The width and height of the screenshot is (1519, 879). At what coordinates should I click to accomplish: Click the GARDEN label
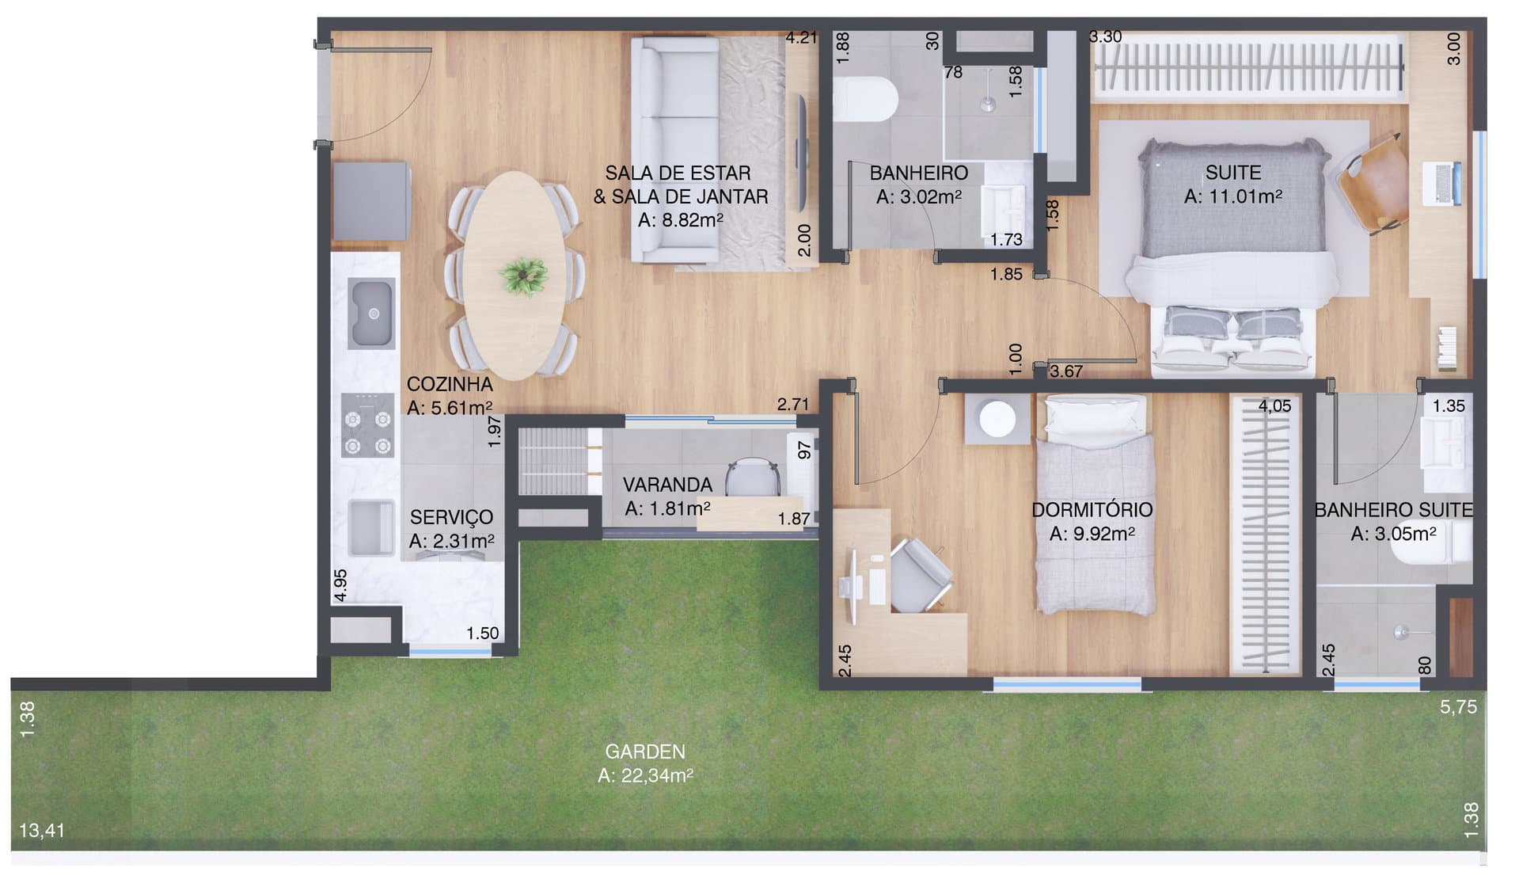[645, 751]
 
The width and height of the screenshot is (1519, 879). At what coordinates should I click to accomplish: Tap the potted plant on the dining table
[523, 276]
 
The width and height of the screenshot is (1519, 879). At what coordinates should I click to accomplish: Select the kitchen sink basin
[372, 314]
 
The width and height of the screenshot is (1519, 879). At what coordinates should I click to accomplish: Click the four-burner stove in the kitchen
[368, 425]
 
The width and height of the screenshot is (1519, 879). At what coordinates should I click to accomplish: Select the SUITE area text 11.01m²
[1232, 196]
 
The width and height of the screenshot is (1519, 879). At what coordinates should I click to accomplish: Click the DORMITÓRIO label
[1092, 510]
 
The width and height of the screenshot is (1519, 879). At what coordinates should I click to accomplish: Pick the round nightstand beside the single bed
[997, 420]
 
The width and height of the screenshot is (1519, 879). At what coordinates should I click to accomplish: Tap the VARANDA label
[667, 485]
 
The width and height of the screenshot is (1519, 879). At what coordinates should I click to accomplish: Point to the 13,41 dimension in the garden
[42, 831]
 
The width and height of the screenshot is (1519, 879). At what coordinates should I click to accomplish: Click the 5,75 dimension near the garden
[1458, 707]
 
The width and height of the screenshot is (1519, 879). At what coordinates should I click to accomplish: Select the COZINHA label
[450, 384]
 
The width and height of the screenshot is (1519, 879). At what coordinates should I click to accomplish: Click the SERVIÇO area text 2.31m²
[452, 541]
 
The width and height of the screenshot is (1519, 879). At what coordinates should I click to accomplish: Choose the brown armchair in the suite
[1372, 185]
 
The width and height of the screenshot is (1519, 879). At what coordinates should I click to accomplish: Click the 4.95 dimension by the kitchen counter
[340, 586]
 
